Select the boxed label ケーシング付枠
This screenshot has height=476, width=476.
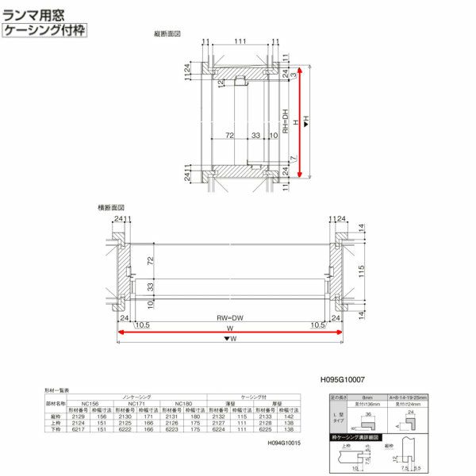pos(44,30)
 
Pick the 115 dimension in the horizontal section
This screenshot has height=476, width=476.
pos(360,271)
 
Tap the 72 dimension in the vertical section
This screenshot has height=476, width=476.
pos(228,136)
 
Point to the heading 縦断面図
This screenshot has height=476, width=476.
pos(167,34)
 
